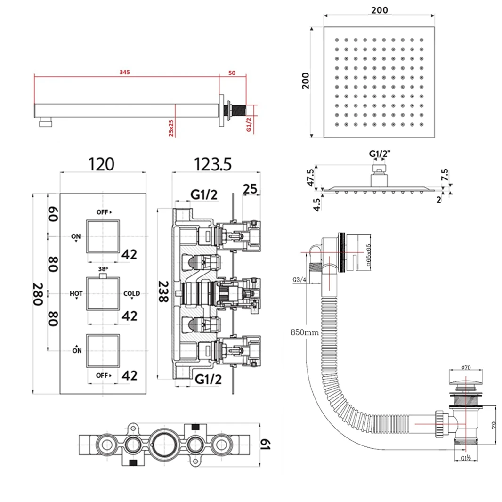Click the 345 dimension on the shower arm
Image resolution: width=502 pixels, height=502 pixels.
[x=124, y=72]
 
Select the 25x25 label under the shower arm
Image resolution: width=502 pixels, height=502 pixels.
[x=171, y=127]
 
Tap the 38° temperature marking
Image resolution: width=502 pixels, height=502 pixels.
[x=103, y=269]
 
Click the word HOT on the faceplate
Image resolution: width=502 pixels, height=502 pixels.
[x=76, y=294]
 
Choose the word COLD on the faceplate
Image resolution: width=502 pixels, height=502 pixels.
[x=132, y=294]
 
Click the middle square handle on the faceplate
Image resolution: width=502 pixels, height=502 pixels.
[x=103, y=293]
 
